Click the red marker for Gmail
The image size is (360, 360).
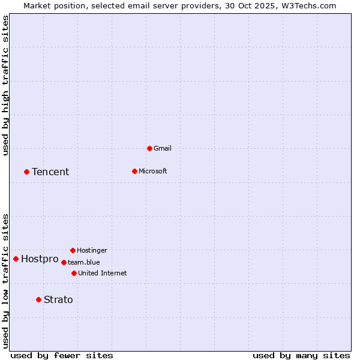point(149,148)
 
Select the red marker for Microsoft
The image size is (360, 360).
point(134,171)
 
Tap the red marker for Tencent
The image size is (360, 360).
point(26,172)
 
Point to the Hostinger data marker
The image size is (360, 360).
point(73,250)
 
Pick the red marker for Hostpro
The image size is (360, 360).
point(16,259)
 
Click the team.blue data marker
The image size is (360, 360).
point(64,262)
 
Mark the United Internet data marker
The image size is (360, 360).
point(74,273)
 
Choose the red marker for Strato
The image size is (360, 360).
point(38,299)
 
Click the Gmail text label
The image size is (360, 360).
point(163,148)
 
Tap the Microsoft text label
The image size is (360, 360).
point(153,171)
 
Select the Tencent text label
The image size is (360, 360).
point(50,172)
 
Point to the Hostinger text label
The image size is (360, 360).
point(92,250)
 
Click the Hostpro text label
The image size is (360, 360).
point(40,259)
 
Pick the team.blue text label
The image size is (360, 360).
point(84,262)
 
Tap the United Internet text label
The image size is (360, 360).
point(103,273)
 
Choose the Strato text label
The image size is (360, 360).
point(58,299)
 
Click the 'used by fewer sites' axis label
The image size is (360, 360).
point(62,355)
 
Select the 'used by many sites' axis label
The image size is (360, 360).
point(301,355)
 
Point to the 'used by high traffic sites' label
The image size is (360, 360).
point(6,85)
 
